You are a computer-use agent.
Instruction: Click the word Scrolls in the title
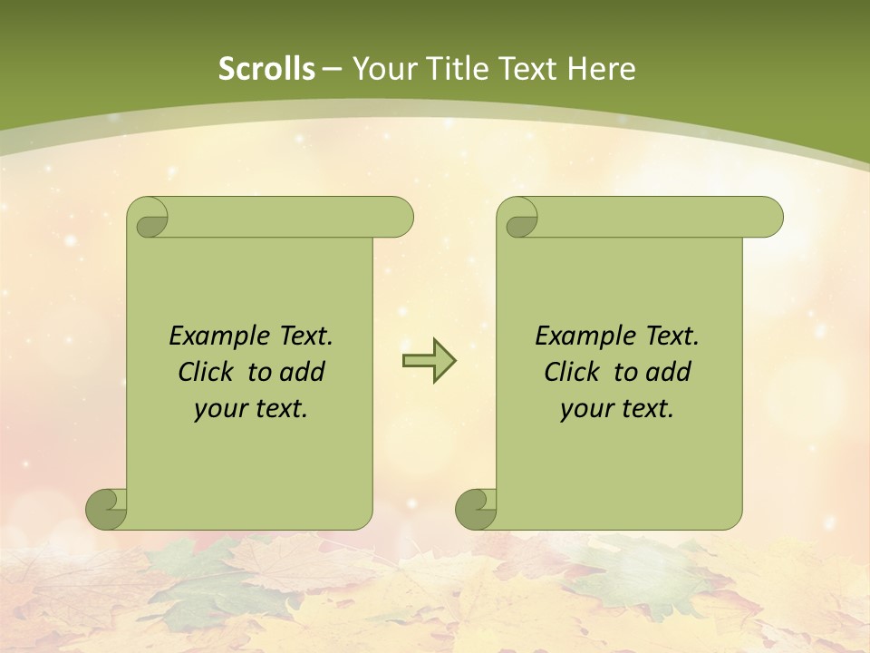click(266, 69)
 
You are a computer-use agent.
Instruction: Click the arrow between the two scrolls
click(429, 360)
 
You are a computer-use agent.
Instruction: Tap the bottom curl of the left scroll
click(106, 509)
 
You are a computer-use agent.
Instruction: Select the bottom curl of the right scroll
click(476, 509)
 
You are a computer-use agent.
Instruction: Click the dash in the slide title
click(333, 69)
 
